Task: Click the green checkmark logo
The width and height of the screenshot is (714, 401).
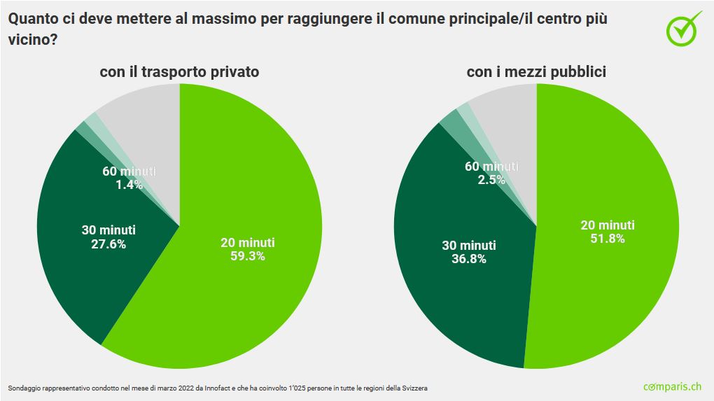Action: pyautogui.click(x=683, y=29)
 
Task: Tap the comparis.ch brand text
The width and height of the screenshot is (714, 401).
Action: pyautogui.click(x=672, y=386)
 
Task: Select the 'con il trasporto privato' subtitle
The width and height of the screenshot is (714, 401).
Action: pyautogui.click(x=180, y=71)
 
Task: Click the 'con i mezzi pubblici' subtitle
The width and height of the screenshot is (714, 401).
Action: pyautogui.click(x=536, y=71)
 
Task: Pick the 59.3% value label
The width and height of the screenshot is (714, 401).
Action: pyautogui.click(x=248, y=255)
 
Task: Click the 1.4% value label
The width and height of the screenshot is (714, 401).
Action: pyautogui.click(x=129, y=185)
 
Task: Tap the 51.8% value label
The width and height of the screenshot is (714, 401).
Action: pyautogui.click(x=608, y=238)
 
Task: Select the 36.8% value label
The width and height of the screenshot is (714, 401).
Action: pyautogui.click(x=469, y=258)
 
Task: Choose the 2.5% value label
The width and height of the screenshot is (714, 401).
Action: pyautogui.click(x=492, y=180)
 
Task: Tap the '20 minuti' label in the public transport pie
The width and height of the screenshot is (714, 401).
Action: pyautogui.click(x=608, y=225)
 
